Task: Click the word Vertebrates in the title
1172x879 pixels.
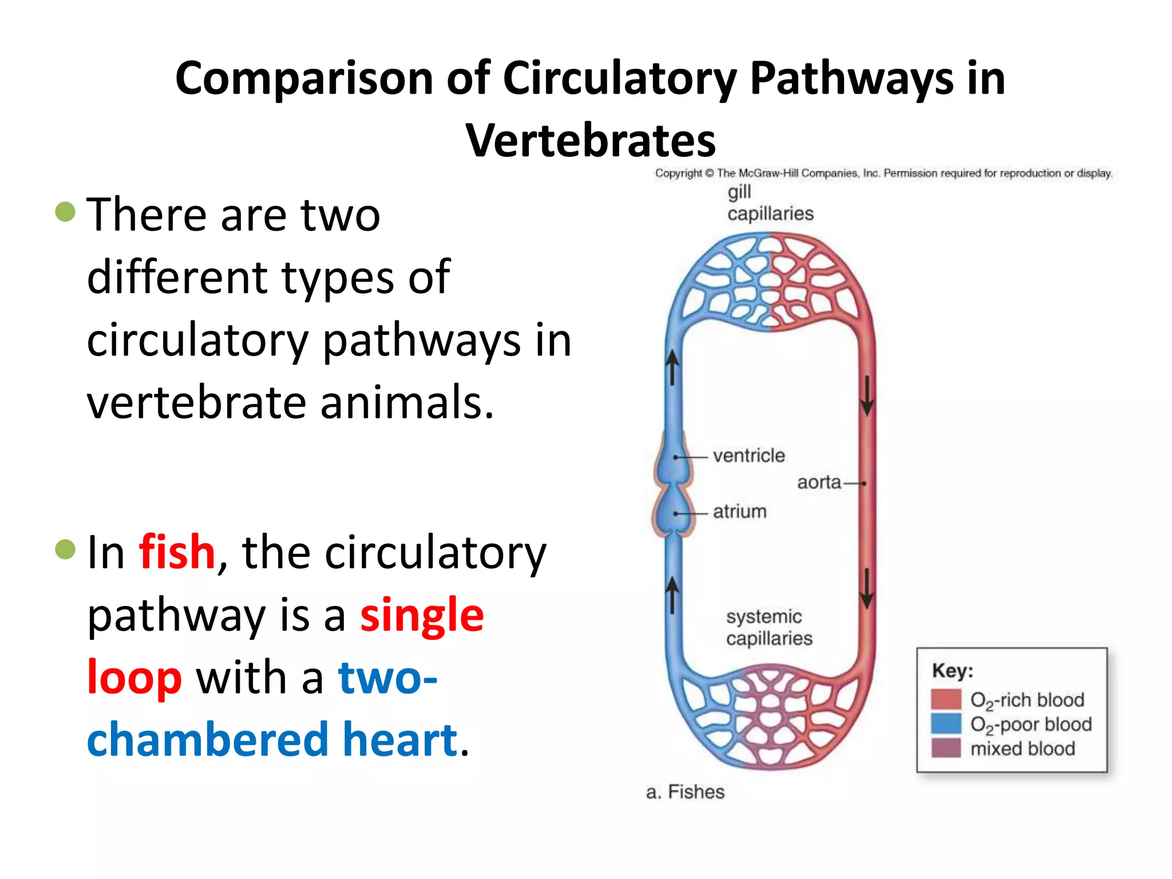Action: click(x=590, y=141)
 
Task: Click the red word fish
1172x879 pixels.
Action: click(x=177, y=552)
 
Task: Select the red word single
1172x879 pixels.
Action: click(x=422, y=615)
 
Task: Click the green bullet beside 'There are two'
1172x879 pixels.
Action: click(x=65, y=212)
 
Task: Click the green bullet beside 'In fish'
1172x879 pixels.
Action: click(x=65, y=549)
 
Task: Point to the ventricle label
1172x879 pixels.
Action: click(x=749, y=456)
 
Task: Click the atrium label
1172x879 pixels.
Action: click(x=739, y=511)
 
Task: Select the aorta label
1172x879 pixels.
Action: click(x=819, y=482)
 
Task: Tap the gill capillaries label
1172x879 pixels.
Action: click(x=770, y=203)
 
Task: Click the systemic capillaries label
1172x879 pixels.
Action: click(x=769, y=627)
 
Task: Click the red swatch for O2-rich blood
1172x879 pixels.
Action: click(x=945, y=699)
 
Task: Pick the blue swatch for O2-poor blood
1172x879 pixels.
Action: click(x=945, y=723)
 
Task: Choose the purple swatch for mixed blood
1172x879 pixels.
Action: click(x=945, y=748)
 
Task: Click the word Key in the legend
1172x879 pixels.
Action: click(x=952, y=670)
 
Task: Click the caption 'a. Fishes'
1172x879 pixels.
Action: click(x=685, y=792)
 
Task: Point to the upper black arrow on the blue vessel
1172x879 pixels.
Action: click(x=673, y=366)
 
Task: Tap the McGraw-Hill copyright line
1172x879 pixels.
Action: click(x=883, y=173)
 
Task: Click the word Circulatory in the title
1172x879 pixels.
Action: click(x=619, y=78)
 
